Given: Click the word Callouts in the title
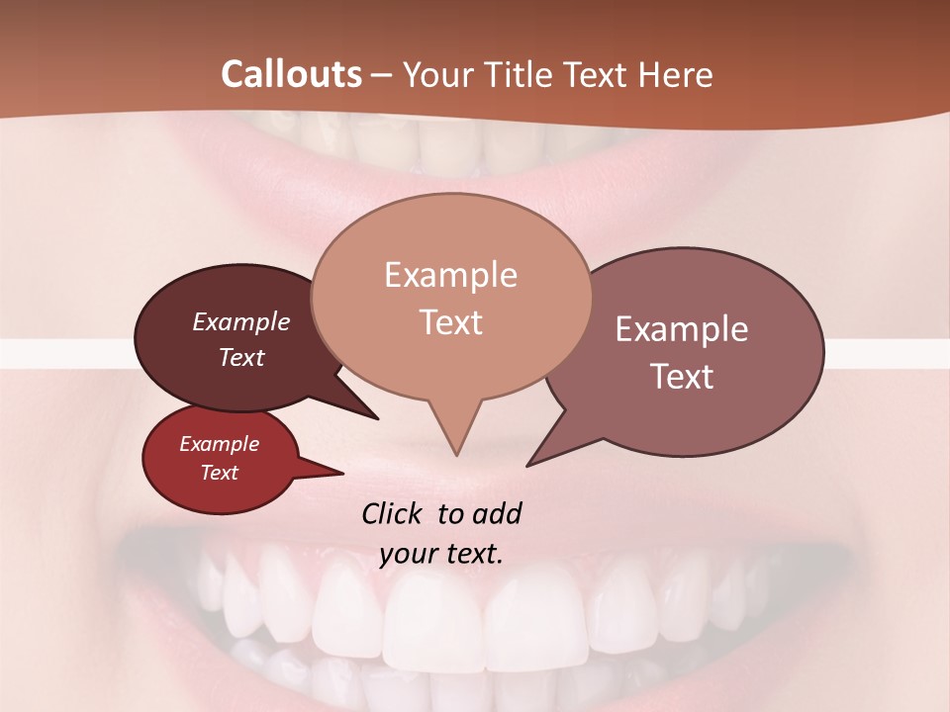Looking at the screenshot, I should click(x=291, y=74).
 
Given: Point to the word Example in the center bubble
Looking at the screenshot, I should click(x=450, y=275).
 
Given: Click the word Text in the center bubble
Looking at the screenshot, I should click(x=450, y=322).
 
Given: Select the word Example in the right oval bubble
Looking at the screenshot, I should click(x=682, y=329).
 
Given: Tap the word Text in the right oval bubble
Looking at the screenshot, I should click(x=682, y=377).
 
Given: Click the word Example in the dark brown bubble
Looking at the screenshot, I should click(x=241, y=321).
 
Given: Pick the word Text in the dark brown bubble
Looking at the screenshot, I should click(x=241, y=357).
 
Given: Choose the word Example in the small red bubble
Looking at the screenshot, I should click(x=219, y=444).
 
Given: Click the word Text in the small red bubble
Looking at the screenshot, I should click(x=219, y=473).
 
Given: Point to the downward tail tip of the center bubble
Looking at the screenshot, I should click(x=456, y=455).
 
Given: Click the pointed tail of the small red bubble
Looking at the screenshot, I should click(x=341, y=474).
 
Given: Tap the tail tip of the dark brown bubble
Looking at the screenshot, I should click(x=377, y=418).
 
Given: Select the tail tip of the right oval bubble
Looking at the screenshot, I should click(x=527, y=465).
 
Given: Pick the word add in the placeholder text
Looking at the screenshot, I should click(x=497, y=513).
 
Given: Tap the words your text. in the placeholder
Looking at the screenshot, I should click(x=441, y=554).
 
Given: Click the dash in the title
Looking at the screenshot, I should click(x=383, y=74).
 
